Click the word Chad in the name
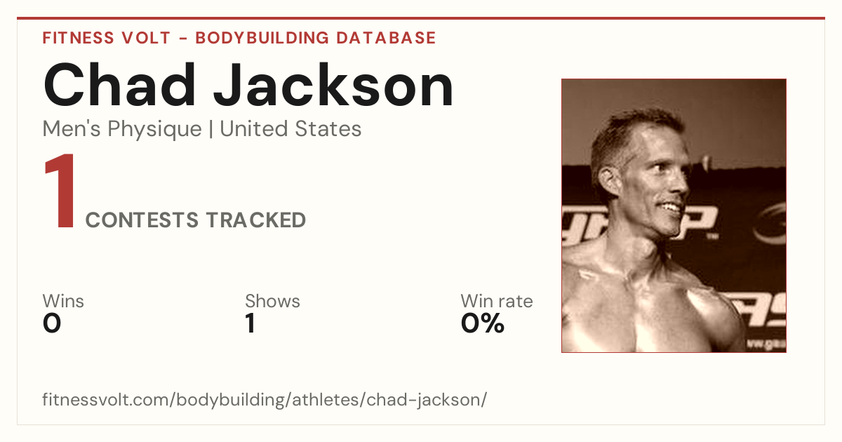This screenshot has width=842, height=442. pos(119,85)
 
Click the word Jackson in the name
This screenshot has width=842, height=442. pos(333,85)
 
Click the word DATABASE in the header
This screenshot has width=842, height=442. pos(386,38)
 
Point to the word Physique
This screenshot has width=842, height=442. pos(155,129)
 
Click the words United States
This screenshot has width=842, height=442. pos(290,128)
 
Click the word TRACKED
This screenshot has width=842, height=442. pos(256,220)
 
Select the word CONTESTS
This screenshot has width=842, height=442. pos(142,220)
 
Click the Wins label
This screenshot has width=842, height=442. pos(63,301)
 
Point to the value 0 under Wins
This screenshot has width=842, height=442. pos(52,323)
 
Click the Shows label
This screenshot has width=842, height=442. pos(272,301)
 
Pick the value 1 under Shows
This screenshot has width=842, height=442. pos(250,323)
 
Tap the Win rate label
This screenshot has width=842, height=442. pos(497,301)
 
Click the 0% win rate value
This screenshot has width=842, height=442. pos(483,323)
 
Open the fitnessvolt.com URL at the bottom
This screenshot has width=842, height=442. pos(265,399)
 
